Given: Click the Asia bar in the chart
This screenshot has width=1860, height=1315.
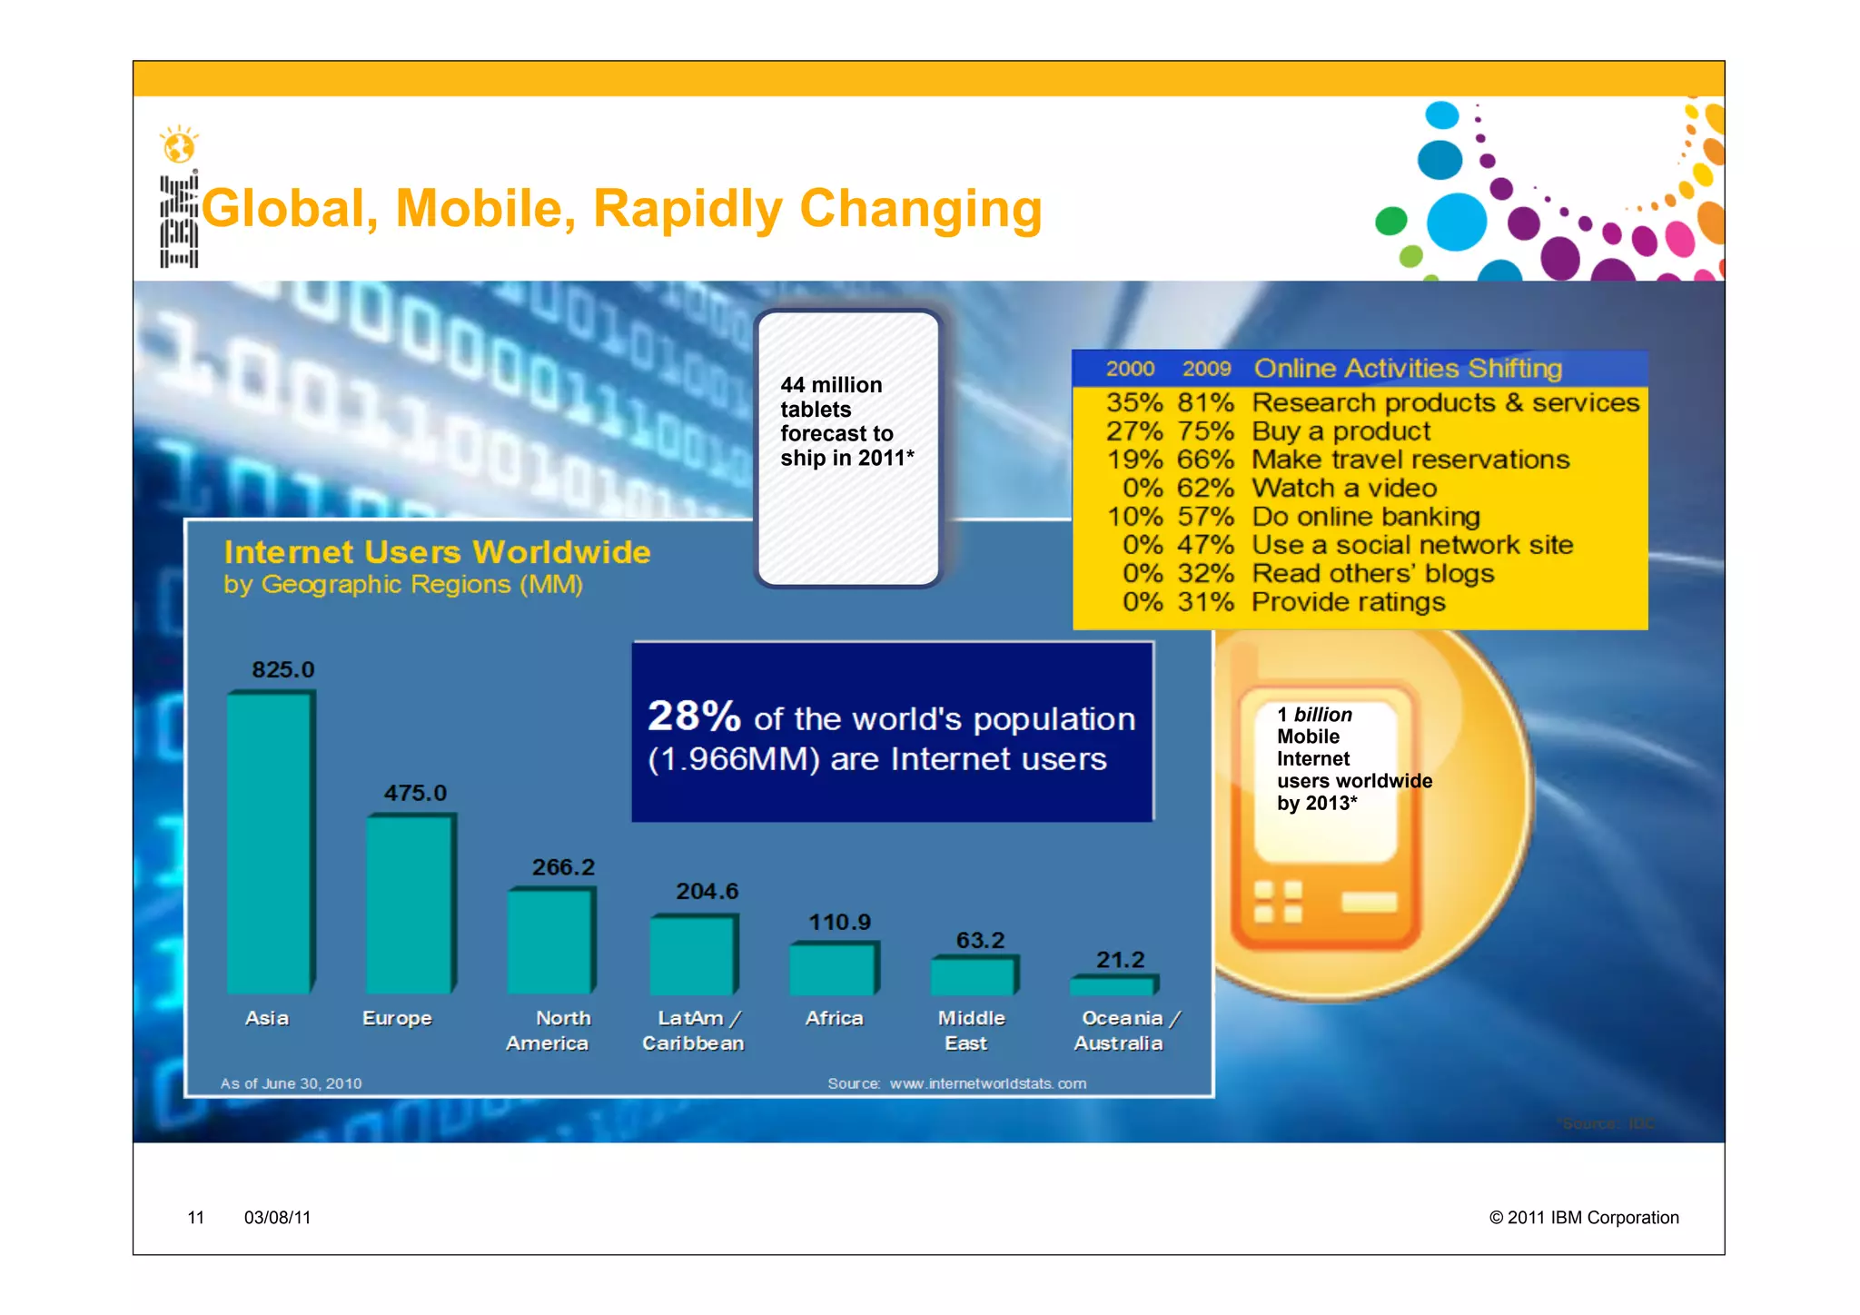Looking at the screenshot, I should pos(270,842).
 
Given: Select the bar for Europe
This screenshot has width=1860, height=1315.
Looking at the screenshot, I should pos(410,904).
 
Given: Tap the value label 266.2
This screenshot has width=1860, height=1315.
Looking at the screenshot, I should pos(563,867).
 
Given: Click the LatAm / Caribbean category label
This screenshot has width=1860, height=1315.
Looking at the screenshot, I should pos(694,1031).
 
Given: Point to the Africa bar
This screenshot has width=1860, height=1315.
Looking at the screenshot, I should pos(832,970).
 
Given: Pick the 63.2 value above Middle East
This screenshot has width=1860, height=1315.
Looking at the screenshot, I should pos(980,940).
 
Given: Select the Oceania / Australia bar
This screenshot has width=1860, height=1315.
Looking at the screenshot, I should pos(1113,985).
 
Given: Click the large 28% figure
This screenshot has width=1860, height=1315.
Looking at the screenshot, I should pos(694,716).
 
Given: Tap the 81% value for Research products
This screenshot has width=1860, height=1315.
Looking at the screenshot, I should pos(1205,402).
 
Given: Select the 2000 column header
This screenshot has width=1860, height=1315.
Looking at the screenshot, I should pos(1130,369).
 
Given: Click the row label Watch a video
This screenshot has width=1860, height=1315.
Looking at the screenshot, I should pos(1343,489).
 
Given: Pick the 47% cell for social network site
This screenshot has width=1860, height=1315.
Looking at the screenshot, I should pos(1205,545).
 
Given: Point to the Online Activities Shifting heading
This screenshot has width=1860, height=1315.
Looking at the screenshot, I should pos(1407,369).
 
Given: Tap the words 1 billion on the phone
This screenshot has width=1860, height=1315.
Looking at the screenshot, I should pos(1314,715).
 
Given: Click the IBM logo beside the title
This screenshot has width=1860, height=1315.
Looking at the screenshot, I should pos(178,221).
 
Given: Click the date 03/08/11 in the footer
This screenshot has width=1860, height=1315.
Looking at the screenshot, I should pos(277,1218).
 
